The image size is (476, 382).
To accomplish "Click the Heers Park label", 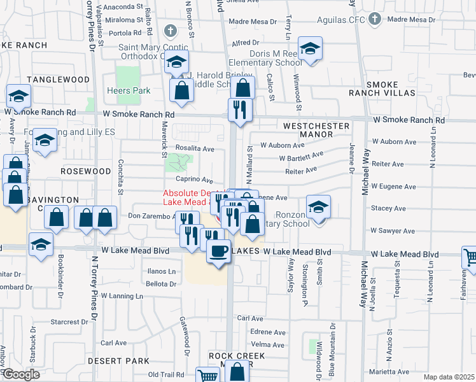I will coord(129,91).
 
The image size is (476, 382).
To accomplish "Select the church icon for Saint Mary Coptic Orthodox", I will coord(170,31).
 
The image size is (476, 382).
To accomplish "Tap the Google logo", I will coord(20,374).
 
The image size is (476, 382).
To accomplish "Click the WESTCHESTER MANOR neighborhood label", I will coord(317,131).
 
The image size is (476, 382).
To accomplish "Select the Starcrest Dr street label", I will coord(73,322).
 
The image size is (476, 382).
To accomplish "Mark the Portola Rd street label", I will coord(125,32).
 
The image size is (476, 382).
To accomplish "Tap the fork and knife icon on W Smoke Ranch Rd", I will coord(241,110).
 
